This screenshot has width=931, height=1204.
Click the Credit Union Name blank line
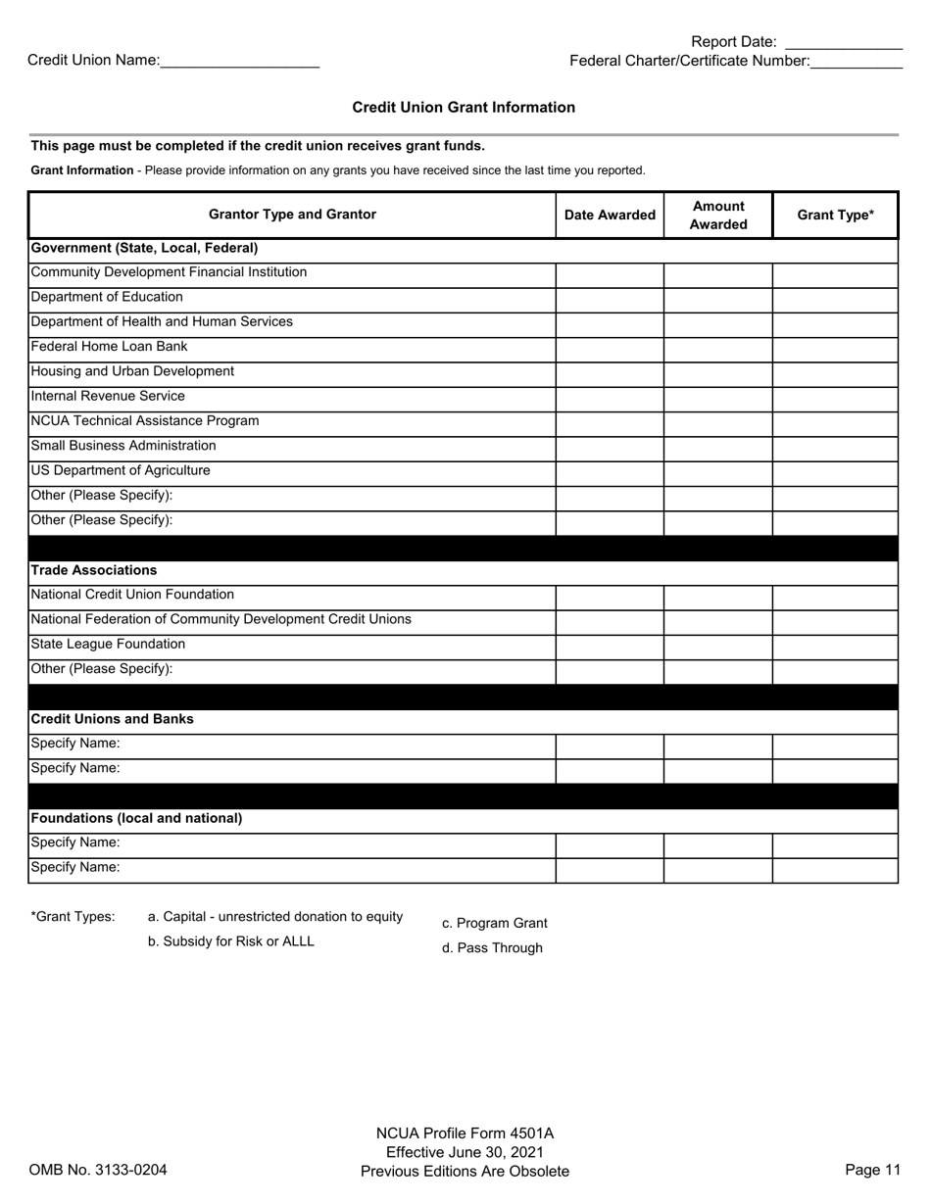[239, 62]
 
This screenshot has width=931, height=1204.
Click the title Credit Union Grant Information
[464, 108]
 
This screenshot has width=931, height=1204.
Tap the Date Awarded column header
[610, 216]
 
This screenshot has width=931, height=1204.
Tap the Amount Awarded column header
[717, 216]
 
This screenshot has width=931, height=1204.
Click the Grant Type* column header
[835, 216]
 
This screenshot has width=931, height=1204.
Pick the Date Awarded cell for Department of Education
[610, 299]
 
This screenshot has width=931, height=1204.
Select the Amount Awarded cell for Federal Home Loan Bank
[717, 349]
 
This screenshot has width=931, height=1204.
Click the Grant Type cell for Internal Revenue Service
[835, 398]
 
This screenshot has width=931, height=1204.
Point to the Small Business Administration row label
[123, 446]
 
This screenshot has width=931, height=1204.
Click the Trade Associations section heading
[94, 570]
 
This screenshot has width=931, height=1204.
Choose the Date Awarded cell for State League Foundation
[610, 646]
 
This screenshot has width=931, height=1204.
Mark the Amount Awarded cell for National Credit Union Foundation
[717, 597]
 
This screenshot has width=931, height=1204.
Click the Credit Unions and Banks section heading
[112, 719]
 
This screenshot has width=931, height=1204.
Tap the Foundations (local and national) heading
[136, 818]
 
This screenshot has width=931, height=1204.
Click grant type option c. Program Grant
[494, 923]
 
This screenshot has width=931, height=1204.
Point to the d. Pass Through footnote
[492, 948]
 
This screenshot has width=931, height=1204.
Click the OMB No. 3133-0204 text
[98, 1170]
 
